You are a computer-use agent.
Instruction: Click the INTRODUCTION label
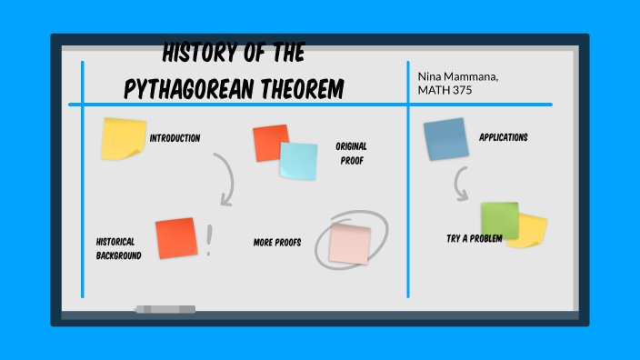click(175, 138)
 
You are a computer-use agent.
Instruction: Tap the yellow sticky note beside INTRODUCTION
click(123, 138)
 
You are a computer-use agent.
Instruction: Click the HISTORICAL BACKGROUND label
click(118, 248)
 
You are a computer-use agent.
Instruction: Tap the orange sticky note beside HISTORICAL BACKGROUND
click(175, 238)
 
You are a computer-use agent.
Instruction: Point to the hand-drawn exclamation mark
click(210, 240)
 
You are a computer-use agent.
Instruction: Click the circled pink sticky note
click(350, 243)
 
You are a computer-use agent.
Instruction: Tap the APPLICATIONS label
click(503, 138)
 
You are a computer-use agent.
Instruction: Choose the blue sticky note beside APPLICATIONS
click(445, 139)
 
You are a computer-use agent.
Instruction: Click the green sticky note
click(497, 219)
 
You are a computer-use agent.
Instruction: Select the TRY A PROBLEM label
click(474, 238)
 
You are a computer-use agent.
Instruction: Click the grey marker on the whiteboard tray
click(165, 310)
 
